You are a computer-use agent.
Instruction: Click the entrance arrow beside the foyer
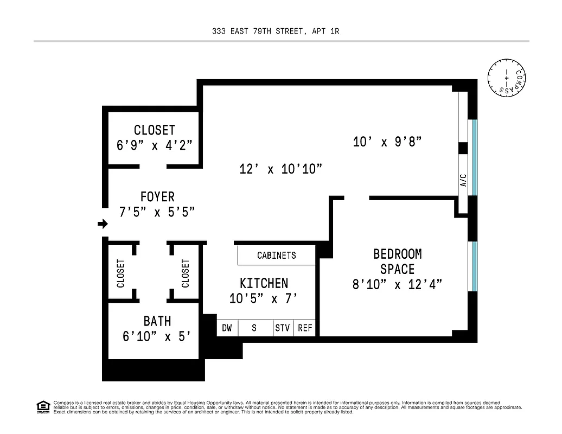[103, 224]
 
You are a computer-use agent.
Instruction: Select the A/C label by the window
[463, 180]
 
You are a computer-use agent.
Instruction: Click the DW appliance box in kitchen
[227, 328]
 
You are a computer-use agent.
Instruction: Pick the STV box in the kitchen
[283, 328]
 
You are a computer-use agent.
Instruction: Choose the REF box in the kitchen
[305, 328]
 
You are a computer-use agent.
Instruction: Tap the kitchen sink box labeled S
[254, 328]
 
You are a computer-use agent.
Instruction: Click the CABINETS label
[276, 255]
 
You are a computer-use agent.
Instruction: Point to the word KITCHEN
[264, 283]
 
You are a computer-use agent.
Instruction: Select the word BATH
[157, 321]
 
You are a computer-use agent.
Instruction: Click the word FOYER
[157, 196]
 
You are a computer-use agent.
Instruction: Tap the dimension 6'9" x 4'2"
[155, 145]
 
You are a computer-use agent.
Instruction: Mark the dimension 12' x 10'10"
[281, 169]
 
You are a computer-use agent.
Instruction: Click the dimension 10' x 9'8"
[387, 142]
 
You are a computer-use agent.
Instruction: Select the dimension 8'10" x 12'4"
[397, 284]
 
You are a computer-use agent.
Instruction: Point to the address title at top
[276, 31]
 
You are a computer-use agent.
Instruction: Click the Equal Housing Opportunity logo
[43, 406]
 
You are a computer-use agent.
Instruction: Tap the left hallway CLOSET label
[120, 273]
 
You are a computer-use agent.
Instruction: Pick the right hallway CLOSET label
[186, 273]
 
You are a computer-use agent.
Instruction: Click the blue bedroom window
[475, 266]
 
